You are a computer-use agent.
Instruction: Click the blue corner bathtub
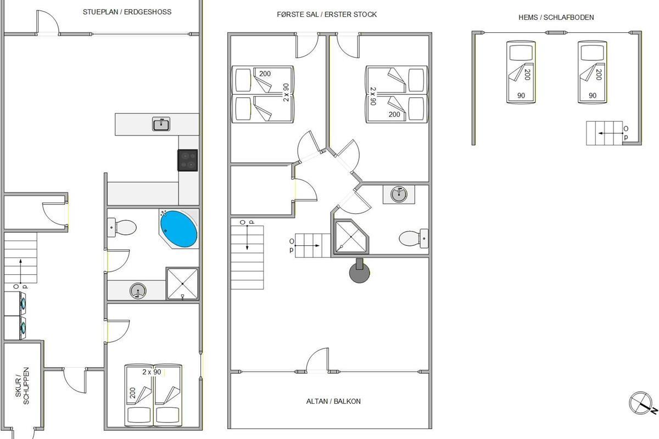coord(178,229)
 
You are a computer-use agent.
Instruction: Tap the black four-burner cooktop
coord(187,160)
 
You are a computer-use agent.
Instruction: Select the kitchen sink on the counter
coord(161,124)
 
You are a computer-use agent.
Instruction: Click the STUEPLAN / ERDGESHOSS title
coord(127,12)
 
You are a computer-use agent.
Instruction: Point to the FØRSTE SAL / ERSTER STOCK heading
coord(327,14)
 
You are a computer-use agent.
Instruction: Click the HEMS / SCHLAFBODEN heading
coord(556,18)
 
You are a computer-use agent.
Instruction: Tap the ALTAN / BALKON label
coord(333,401)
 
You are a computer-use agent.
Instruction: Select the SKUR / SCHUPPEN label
coord(22,386)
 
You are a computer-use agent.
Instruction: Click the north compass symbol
coord(642,404)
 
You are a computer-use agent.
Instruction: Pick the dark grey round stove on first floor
coord(360,271)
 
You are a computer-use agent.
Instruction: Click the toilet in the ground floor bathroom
coord(122,227)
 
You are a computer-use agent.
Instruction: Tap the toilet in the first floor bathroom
coord(414,238)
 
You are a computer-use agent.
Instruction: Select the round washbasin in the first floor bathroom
coord(399,194)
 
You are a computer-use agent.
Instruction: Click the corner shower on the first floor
coord(351,237)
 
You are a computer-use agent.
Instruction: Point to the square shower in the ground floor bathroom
coord(182,284)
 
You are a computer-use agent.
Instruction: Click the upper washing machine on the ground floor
coord(15,303)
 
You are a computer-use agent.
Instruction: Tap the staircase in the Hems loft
coord(604,133)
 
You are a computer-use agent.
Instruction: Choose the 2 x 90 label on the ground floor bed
coord(152,372)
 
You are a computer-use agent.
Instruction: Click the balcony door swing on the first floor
coord(317,359)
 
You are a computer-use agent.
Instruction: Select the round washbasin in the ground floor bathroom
coord(138,291)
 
